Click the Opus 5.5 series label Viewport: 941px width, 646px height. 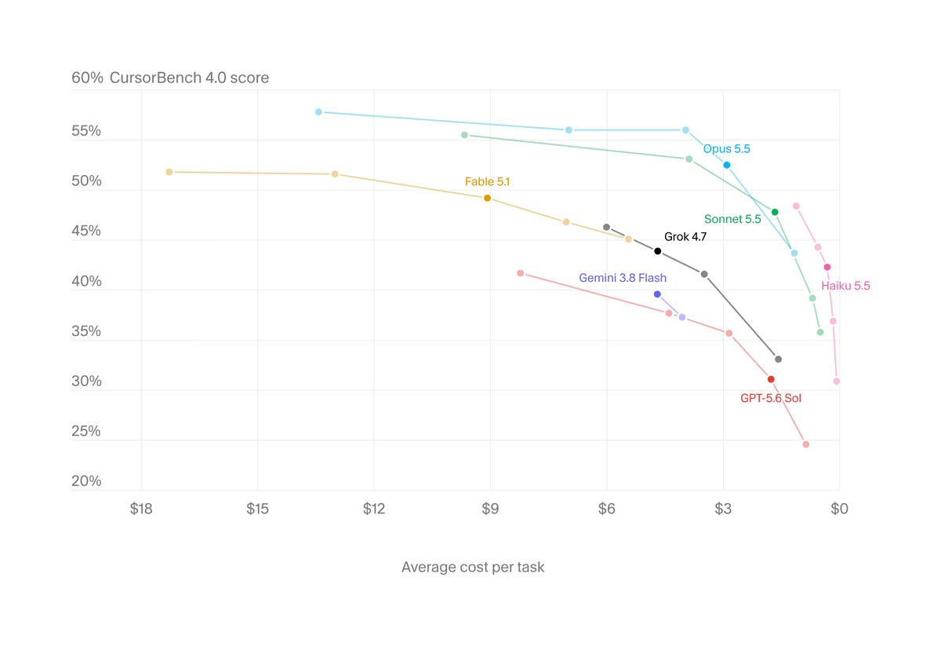click(726, 149)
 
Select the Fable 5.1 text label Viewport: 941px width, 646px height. click(487, 181)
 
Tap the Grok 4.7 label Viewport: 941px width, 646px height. click(685, 237)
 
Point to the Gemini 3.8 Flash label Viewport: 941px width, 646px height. click(623, 278)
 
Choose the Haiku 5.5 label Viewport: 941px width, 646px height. click(845, 286)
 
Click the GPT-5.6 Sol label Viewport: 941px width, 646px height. click(770, 398)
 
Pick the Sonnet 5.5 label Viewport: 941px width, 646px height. click(732, 219)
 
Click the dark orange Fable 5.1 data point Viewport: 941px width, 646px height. click(487, 198)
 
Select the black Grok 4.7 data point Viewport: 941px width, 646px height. click(658, 251)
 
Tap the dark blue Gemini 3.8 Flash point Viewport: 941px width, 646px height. click(657, 294)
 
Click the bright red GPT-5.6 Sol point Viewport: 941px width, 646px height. click(771, 379)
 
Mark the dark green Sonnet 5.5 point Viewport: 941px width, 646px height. click(775, 213)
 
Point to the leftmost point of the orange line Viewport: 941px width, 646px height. click(169, 172)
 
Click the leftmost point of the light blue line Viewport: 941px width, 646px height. click(319, 112)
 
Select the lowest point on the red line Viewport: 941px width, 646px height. click(806, 444)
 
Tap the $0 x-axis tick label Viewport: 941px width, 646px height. click(839, 509)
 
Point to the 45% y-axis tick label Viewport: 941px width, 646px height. click(86, 231)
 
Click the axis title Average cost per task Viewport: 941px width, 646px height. click(473, 568)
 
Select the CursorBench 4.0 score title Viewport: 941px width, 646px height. click(189, 78)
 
